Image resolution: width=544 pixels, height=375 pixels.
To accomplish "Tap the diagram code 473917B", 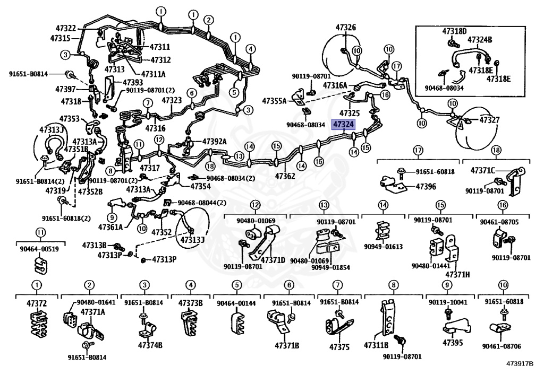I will tap(520, 365).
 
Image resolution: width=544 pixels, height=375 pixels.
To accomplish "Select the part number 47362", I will tap(285, 176).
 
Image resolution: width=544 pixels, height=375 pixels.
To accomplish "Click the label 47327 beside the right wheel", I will tap(489, 120).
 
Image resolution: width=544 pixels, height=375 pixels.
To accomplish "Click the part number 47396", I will tap(426, 187).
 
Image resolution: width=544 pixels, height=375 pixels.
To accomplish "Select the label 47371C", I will tap(482, 170).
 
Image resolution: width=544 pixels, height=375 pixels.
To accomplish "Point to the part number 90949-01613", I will tap(383, 247).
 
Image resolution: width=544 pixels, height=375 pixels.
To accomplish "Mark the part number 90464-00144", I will tap(236, 303).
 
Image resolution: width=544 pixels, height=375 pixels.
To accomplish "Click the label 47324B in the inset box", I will tap(480, 39).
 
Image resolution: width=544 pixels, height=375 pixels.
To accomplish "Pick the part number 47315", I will tap(60, 38).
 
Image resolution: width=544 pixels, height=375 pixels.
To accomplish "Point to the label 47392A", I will tap(214, 142).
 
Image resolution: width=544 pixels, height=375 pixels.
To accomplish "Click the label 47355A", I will tap(274, 100).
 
